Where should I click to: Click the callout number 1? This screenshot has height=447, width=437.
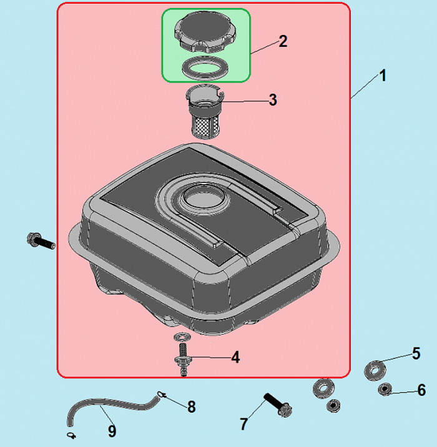(383, 76)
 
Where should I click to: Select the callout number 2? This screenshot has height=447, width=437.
(283, 41)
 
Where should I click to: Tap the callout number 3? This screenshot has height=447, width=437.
(273, 100)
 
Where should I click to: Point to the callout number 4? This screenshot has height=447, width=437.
(235, 357)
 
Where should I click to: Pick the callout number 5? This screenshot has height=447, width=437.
(416, 353)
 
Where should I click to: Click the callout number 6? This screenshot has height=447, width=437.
(421, 390)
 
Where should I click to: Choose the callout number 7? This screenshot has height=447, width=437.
(243, 424)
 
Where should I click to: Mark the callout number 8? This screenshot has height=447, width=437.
(192, 406)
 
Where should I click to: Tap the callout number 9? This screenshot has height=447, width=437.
(112, 431)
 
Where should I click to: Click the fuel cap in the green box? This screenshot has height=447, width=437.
(205, 34)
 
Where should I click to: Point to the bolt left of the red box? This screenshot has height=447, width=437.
(41, 241)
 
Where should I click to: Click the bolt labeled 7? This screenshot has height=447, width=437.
(278, 405)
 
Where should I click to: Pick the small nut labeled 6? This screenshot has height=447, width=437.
(385, 390)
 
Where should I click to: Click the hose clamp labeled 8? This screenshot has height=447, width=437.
(161, 395)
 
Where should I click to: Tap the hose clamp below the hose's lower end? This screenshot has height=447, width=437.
(71, 435)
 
